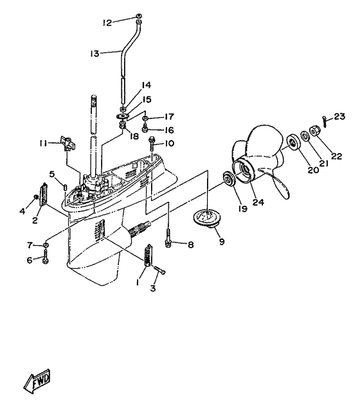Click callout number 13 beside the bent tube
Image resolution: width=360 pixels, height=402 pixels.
point(94,53)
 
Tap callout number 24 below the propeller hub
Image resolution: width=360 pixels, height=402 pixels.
point(258,202)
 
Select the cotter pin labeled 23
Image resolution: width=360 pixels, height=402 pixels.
point(325,122)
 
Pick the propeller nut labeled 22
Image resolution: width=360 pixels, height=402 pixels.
point(314,131)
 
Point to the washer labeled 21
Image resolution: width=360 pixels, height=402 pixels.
point(305,136)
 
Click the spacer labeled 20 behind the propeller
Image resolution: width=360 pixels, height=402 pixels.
point(292,143)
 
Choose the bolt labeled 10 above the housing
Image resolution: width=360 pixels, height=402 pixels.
point(152,144)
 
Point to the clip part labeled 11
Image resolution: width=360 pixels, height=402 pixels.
point(67,143)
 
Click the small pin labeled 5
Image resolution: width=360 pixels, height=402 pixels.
point(65,187)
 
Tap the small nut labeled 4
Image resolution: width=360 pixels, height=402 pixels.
point(36,197)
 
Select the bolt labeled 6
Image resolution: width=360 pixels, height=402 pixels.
point(46,257)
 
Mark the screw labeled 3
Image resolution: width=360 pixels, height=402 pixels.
point(160,271)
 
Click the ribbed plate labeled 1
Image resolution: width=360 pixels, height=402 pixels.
point(148,255)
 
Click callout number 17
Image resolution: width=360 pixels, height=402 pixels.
point(169,117)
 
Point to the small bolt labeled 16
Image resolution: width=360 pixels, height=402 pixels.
point(145,128)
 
